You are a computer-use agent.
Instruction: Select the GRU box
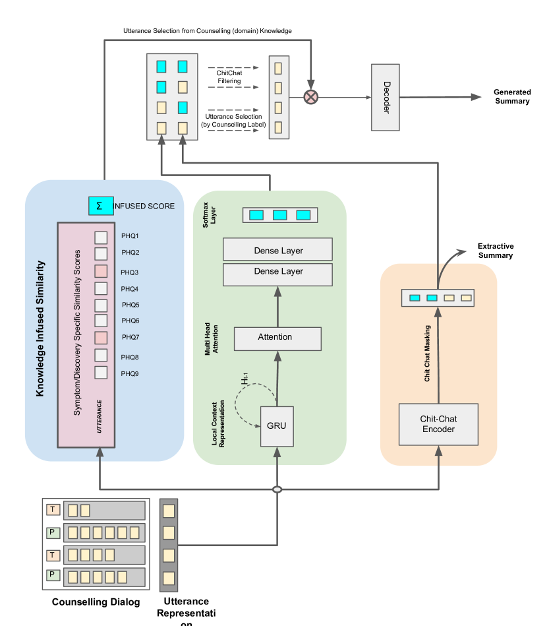[276, 426]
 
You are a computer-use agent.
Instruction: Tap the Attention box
[275, 337]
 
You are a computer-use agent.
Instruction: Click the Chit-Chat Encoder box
[438, 424]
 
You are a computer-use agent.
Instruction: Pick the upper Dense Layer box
[277, 250]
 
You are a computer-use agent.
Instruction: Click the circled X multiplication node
[310, 97]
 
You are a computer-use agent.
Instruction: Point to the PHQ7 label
[130, 338]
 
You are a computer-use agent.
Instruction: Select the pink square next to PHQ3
[100, 270]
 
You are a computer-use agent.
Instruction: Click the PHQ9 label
[130, 373]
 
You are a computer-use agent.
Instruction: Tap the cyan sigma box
[100, 206]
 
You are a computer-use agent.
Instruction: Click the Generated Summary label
[512, 96]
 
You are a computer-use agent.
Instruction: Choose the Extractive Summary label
[495, 251]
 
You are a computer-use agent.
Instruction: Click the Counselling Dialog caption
[96, 602]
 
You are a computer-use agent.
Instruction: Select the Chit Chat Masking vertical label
[427, 354]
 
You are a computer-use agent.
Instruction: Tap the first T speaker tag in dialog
[53, 509]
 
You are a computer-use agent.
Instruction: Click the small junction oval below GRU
[277, 489]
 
